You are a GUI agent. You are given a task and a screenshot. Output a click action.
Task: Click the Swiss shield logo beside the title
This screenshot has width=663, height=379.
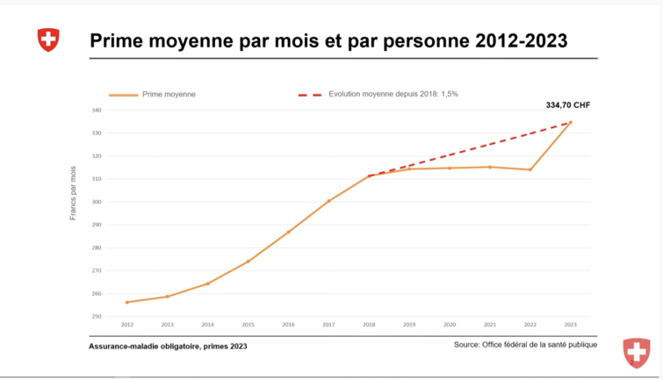tap(48, 39)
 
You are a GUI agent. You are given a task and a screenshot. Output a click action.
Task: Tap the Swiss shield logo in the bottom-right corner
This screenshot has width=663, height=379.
tap(637, 352)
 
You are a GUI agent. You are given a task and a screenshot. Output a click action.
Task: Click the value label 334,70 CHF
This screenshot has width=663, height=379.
tap(568, 104)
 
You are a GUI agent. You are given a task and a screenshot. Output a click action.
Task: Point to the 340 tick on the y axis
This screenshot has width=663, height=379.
tap(96, 111)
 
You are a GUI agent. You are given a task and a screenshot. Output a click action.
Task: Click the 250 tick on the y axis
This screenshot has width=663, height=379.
tap(96, 317)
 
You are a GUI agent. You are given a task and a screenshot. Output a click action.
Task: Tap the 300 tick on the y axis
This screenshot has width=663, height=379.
tap(96, 202)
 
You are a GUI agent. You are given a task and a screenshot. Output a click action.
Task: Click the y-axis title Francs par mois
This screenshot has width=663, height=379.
tap(73, 192)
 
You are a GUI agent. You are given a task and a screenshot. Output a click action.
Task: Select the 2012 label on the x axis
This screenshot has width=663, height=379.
tap(127, 325)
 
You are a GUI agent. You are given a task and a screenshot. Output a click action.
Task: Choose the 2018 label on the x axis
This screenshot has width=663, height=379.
tap(369, 325)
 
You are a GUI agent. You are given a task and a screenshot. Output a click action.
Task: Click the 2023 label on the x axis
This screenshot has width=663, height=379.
tap(570, 325)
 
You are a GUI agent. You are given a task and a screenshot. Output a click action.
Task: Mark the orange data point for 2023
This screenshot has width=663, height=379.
tap(570, 123)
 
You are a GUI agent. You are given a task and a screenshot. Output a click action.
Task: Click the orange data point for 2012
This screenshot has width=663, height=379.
tap(127, 302)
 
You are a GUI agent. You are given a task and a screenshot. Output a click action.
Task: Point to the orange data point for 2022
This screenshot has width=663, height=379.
tap(530, 169)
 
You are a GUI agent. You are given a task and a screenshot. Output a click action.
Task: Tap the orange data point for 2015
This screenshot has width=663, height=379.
tap(249, 261)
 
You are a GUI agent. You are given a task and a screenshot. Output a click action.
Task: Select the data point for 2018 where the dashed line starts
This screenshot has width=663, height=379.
tap(369, 175)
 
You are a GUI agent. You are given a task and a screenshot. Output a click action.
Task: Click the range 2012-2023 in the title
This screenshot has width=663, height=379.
tap(521, 40)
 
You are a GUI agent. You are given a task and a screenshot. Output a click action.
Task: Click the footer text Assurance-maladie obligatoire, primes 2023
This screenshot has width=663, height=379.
tap(168, 347)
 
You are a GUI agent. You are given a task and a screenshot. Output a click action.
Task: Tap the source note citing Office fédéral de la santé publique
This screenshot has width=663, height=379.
tap(525, 345)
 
